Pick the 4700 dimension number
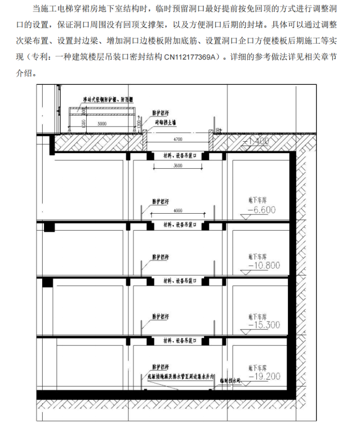click(178, 139)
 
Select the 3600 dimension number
click(178, 166)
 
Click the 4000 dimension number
click(178, 210)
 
